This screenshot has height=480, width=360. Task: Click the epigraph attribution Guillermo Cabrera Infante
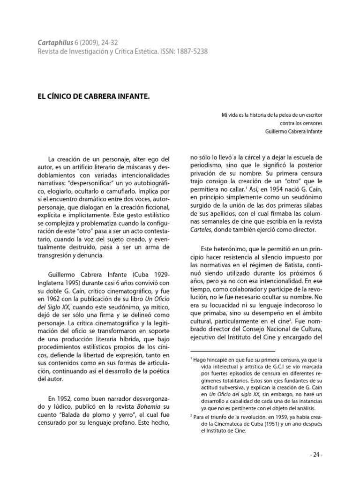click(292, 131)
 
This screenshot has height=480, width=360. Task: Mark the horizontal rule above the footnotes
click(232, 351)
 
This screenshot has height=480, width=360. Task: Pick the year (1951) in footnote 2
click(267, 424)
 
